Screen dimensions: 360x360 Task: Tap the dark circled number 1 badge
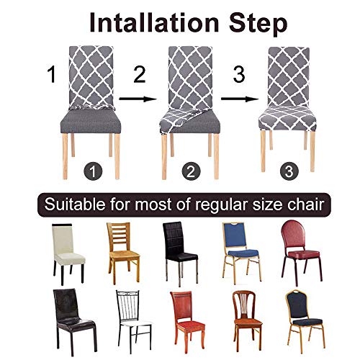click(x=92, y=171)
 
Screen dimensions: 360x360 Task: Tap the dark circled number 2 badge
click(x=191, y=171)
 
